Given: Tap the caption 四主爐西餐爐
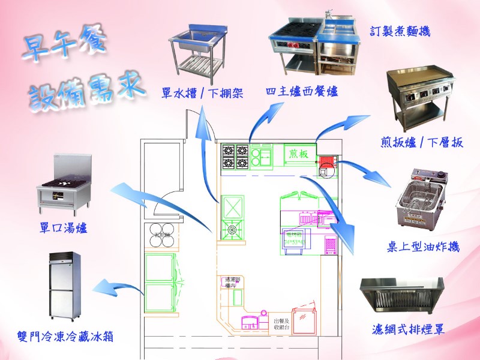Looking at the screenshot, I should [x=302, y=92].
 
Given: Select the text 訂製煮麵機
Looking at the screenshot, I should [x=401, y=30].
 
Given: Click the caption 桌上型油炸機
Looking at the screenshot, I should [x=424, y=246].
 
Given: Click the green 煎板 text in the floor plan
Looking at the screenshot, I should [x=298, y=154].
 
